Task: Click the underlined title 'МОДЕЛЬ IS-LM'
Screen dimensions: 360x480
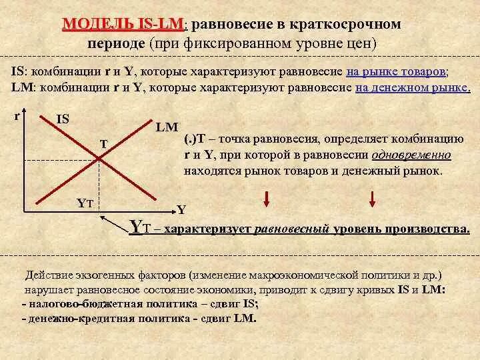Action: tap(125, 25)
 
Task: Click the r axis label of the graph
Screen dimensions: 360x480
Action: tap(17, 115)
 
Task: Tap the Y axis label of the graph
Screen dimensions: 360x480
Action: tap(181, 209)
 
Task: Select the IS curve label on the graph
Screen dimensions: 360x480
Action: tap(63, 119)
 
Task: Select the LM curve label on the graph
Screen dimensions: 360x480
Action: tap(166, 126)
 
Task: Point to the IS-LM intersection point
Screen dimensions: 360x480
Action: tap(99, 158)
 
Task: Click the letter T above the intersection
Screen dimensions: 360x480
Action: tap(103, 143)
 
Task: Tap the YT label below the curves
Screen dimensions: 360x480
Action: tap(84, 203)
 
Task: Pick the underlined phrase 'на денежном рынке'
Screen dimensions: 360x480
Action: tap(413, 87)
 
